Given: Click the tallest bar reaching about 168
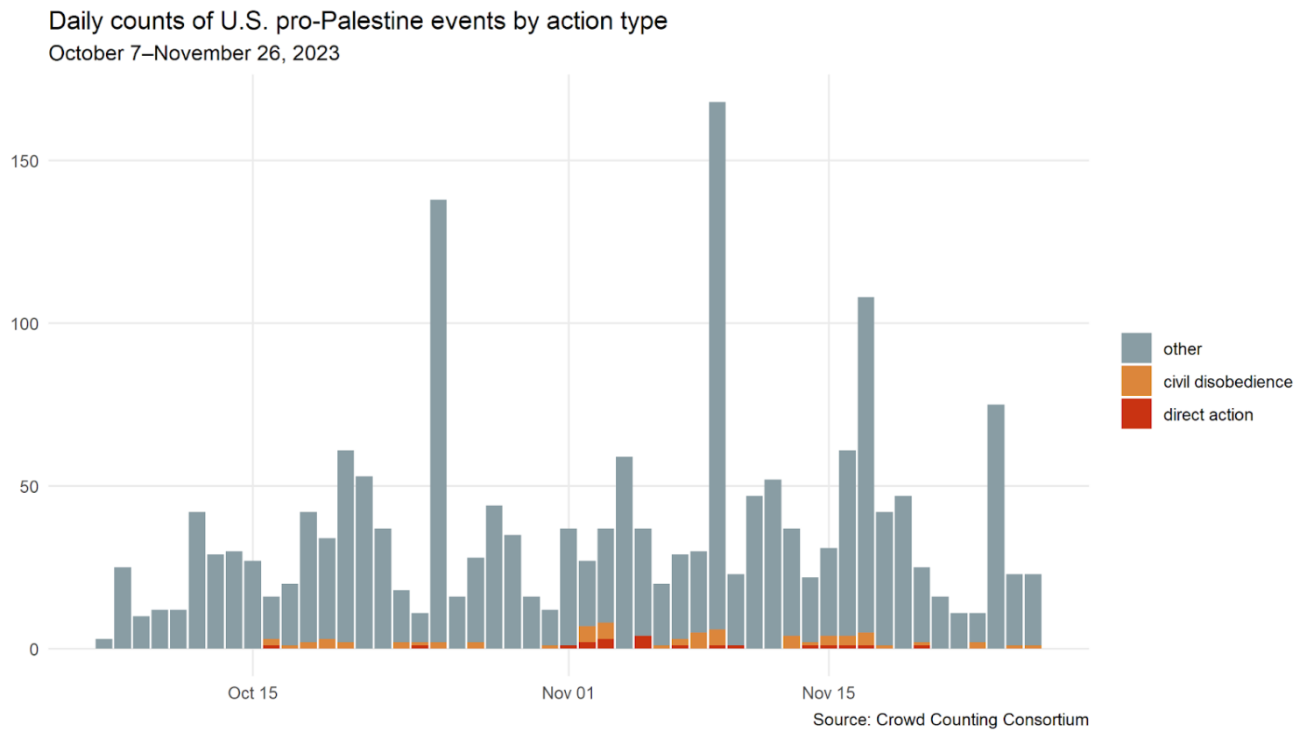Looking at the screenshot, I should coord(717,368).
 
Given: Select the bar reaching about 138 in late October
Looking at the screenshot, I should coord(438,420).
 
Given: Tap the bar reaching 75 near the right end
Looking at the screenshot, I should coord(995,525).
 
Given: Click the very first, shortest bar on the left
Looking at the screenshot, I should coord(103,644).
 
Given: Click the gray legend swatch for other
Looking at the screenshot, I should coord(1136,348).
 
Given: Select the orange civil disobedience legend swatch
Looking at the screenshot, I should coord(1136,382).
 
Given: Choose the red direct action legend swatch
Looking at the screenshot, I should coord(1136,414).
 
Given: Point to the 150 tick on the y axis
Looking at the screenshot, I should coord(25,161).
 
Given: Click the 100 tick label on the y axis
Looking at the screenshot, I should coord(25,324).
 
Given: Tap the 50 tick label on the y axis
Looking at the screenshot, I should coord(29,487).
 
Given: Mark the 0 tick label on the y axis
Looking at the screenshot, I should coord(33,650).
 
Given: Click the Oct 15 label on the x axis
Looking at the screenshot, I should coord(252,693).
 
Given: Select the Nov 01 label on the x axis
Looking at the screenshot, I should coord(568,693).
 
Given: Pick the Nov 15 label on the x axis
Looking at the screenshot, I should coord(828,693).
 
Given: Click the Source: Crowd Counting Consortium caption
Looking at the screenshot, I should coord(950,720).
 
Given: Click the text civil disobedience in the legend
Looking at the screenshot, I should coord(1227,382).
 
